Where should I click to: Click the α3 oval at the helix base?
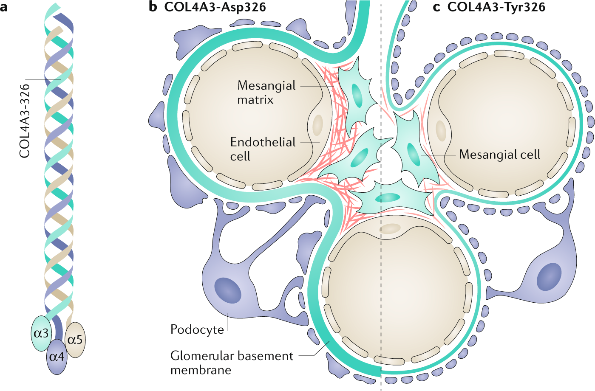coord(41,333)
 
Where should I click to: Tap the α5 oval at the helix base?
coord(75,340)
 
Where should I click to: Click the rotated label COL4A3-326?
coord(25,121)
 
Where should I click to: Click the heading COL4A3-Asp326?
coord(215,7)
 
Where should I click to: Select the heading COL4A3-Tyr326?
coord(496,7)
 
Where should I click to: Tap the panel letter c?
coord(436,7)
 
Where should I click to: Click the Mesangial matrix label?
coord(266,93)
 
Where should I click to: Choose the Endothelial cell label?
coord(263,149)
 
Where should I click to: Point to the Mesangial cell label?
coord(499,154)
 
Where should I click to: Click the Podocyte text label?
coord(197,329)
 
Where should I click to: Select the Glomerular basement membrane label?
coord(232,362)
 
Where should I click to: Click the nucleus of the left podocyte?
coord(228,290)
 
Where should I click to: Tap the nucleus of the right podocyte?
coord(549,277)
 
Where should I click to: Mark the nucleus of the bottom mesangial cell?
coord(388,197)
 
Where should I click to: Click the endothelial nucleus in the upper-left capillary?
coord(317,125)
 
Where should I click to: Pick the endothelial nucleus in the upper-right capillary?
coord(441,131)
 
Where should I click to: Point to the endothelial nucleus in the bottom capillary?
coord(390,229)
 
